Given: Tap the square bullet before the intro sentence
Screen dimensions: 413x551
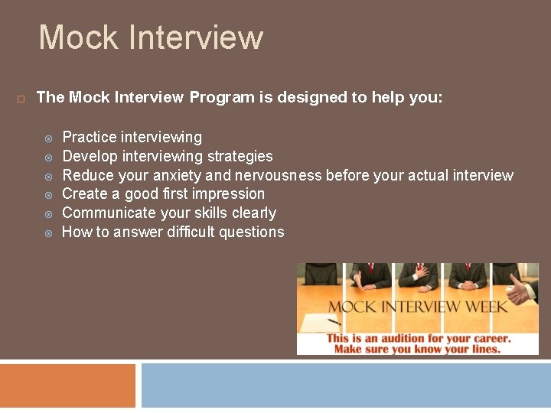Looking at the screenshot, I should (21, 99).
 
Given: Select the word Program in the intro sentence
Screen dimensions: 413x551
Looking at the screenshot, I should (221, 98).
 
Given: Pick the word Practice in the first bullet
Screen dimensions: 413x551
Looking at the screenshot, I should (89, 138).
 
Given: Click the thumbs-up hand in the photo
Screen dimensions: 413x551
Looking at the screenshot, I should (521, 291).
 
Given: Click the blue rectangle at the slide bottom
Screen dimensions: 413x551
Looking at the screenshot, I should (345, 386).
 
